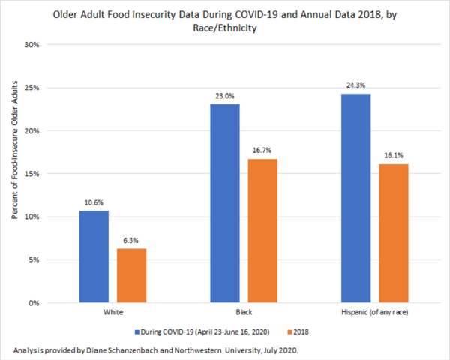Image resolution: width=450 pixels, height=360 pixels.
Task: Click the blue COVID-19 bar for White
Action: [94, 256]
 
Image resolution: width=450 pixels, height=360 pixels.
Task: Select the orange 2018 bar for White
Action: [130, 275]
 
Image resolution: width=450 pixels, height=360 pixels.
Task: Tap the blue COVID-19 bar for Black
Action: [224, 203]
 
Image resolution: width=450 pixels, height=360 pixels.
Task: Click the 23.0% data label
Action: [224, 97]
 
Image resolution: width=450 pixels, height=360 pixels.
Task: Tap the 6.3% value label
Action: [130, 241]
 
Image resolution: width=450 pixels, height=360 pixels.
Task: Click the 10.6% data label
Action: [94, 204]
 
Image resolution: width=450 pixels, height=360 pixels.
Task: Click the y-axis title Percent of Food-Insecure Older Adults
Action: [14, 174]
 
